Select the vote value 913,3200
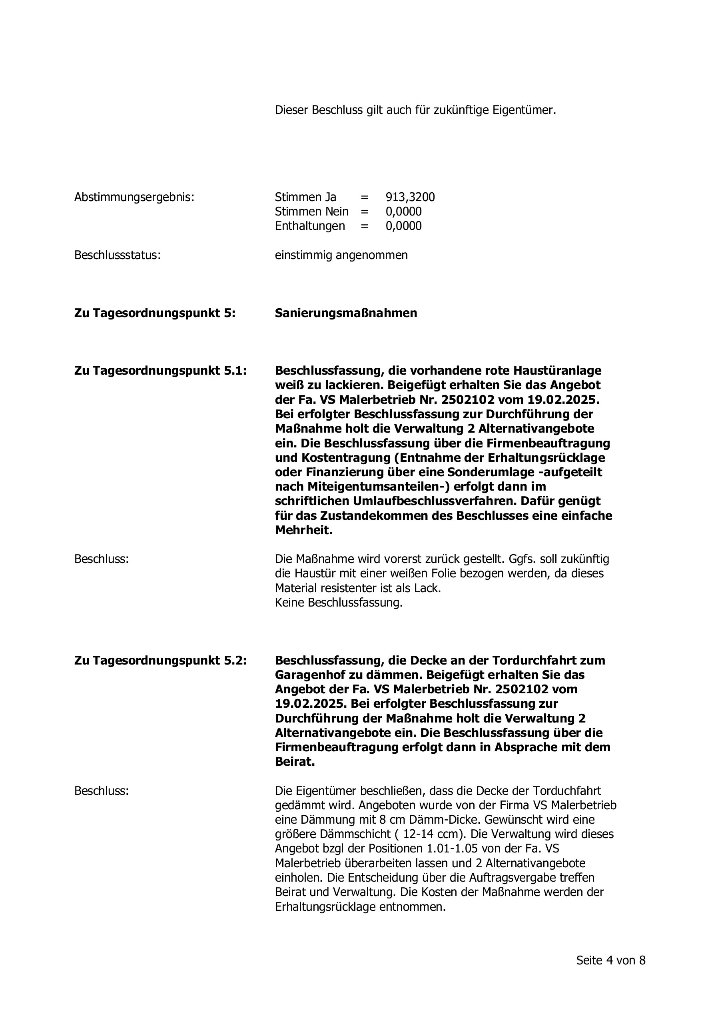coord(410,197)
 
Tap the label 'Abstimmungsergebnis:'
coord(134,197)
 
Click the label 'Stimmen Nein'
coord(311,212)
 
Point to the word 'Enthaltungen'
coord(310,226)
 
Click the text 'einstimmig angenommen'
coord(341,255)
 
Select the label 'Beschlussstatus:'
coord(118,255)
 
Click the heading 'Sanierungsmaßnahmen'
coord(346,313)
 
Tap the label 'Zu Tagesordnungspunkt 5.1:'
coord(161,371)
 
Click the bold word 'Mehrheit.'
coord(303,530)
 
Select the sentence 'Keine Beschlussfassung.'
coord(339,603)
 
